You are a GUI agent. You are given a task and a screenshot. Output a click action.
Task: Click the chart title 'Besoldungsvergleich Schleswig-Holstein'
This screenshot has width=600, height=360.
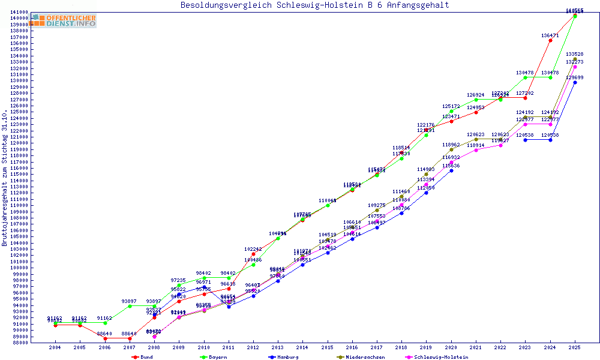click(314, 5)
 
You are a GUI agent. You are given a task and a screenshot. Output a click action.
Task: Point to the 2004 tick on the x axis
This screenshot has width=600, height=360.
click(55, 347)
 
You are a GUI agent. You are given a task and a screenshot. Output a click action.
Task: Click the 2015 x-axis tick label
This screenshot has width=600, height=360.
click(327, 347)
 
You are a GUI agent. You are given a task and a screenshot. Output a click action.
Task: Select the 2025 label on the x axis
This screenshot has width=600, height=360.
click(575, 347)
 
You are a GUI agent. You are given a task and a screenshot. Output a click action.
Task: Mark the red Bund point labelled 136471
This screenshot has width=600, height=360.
click(550, 40)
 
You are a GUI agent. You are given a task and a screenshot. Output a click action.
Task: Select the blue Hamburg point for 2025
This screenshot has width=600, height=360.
click(575, 82)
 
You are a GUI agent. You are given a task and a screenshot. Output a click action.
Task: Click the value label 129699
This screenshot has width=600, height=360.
click(575, 77)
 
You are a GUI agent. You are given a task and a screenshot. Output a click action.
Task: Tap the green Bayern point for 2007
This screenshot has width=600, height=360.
click(129, 306)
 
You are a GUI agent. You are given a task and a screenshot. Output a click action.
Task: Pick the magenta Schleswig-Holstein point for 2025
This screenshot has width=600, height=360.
click(575, 67)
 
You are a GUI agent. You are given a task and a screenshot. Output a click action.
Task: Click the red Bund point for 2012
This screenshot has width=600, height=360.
click(253, 254)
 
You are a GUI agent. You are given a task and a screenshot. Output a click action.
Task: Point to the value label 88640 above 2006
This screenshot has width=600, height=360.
click(104, 334)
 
